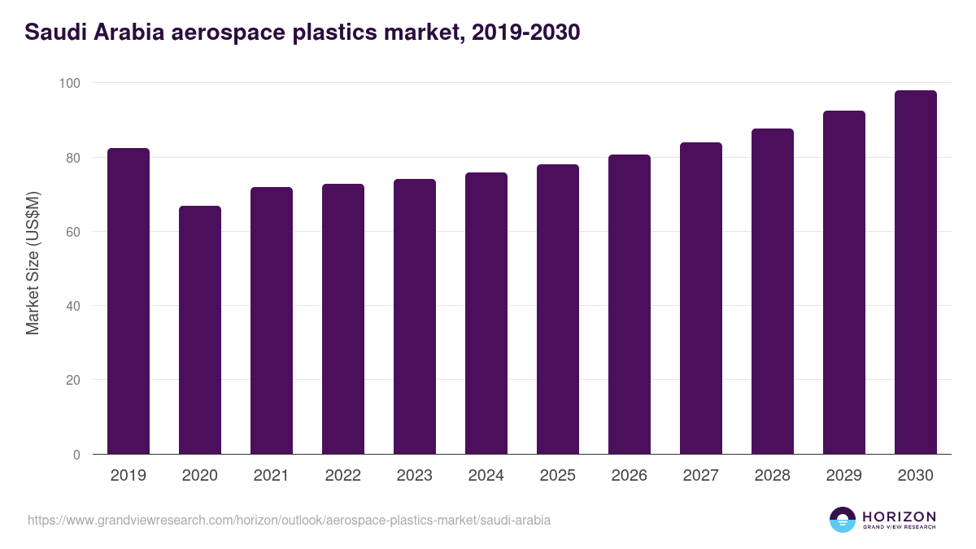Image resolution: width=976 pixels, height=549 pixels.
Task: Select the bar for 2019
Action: tap(129, 301)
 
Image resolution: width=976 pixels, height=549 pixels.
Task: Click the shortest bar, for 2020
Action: tap(200, 329)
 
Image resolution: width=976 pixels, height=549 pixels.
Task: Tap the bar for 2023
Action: tap(415, 316)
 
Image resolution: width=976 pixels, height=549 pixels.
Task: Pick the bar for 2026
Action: tap(630, 304)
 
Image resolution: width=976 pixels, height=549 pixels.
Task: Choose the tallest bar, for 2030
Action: tap(916, 272)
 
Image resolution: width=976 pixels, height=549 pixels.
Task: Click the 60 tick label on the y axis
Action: tap(72, 232)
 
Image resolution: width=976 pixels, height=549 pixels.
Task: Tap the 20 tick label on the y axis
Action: tap(72, 380)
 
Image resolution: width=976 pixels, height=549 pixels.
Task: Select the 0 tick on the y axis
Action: tap(76, 455)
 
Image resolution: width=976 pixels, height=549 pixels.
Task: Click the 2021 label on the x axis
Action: tap(272, 476)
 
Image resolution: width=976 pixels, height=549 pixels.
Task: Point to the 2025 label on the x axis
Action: tap(558, 476)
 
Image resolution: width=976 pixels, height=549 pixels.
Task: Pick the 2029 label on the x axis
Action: tap(844, 476)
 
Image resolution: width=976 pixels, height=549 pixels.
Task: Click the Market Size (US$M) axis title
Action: tap(33, 263)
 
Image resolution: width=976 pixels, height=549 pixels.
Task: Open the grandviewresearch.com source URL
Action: tap(289, 520)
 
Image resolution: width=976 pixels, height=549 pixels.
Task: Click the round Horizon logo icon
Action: tap(843, 520)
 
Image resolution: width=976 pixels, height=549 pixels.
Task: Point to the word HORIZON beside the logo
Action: tap(899, 516)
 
